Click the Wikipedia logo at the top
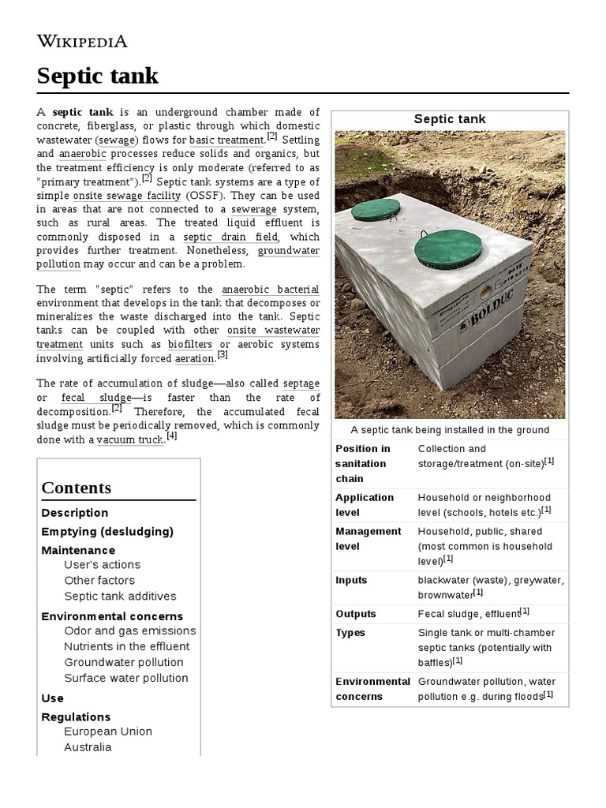[x=82, y=41]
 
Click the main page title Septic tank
[x=98, y=76]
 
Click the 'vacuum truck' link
[x=129, y=440]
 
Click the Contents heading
[x=77, y=487]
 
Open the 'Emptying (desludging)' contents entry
[x=107, y=531]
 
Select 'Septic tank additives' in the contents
[x=120, y=596]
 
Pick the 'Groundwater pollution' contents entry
[x=124, y=662]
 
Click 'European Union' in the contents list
[x=108, y=731]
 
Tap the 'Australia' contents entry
[x=88, y=746]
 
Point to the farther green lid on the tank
[x=376, y=210]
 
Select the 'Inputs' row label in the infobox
[x=351, y=580]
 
